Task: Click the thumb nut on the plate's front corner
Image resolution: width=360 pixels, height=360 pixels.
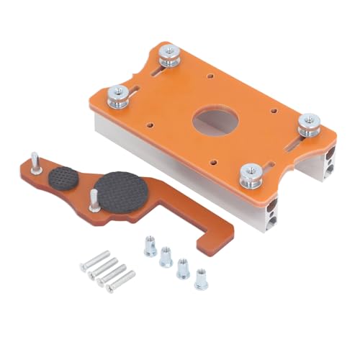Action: coord(248,172)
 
